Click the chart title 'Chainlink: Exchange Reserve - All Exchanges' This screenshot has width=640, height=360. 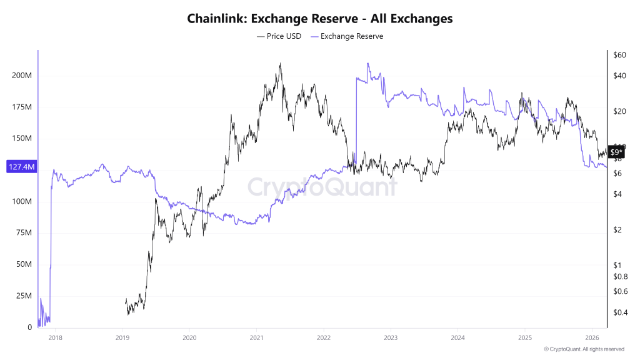tap(320, 19)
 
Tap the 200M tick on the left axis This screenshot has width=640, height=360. tap(22, 76)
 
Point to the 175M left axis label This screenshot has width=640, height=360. tap(22, 107)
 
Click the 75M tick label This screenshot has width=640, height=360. tap(24, 233)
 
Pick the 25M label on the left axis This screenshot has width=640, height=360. tap(24, 296)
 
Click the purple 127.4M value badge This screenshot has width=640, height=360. tap(21, 167)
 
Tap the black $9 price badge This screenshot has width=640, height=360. tap(616, 152)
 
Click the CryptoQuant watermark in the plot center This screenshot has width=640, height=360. tap(322, 187)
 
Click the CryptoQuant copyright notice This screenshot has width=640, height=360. tap(584, 349)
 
